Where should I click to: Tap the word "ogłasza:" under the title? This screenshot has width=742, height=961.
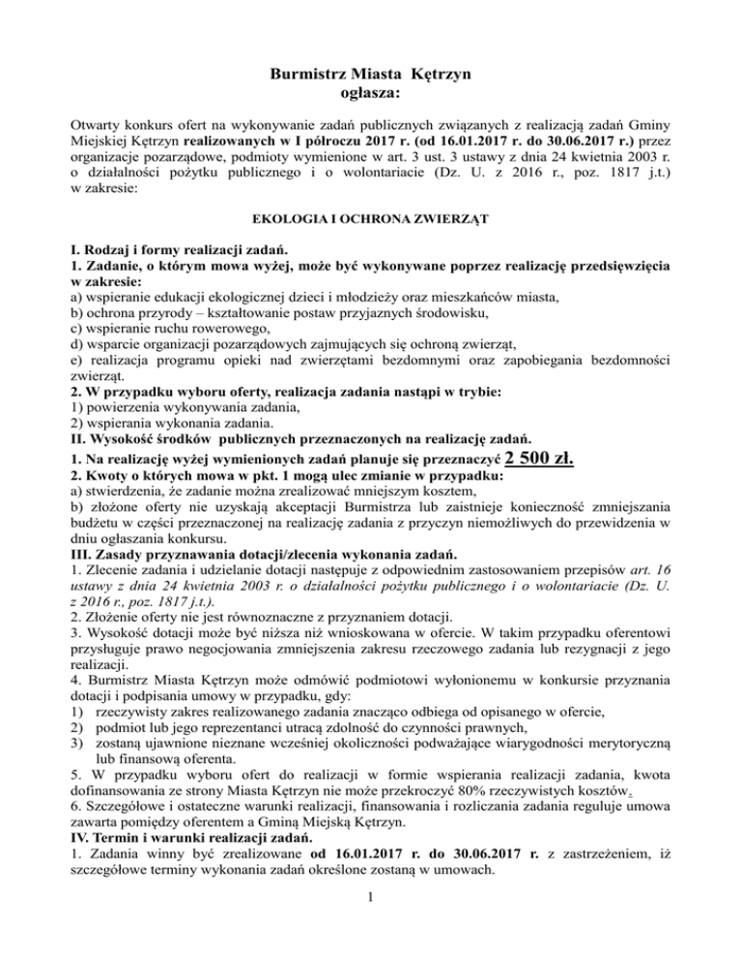[x=371, y=94]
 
